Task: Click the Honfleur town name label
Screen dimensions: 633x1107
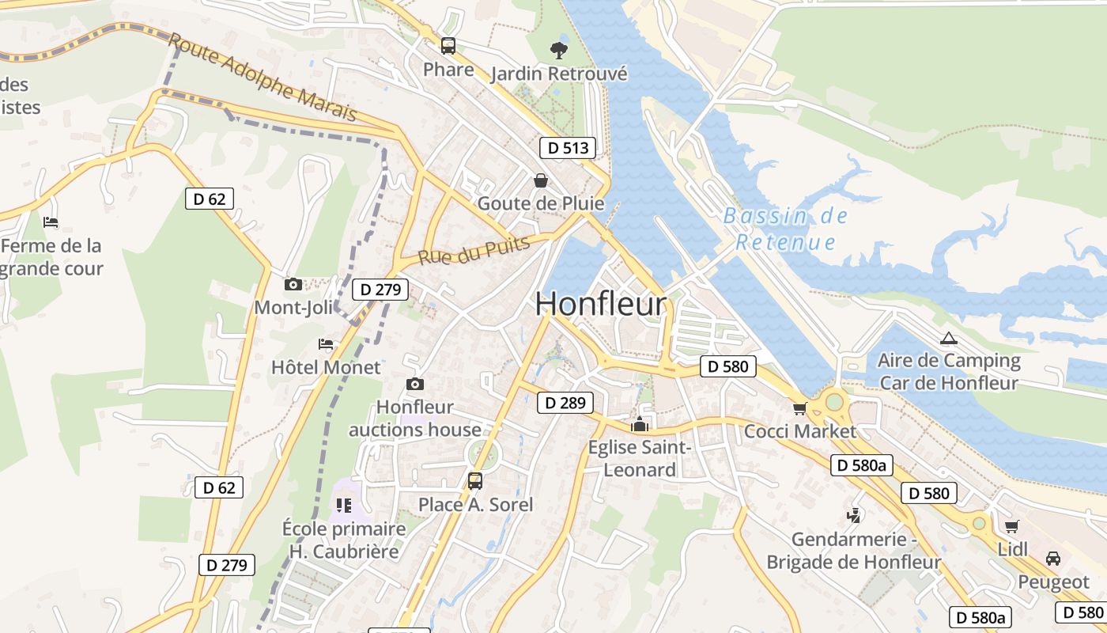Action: tap(601, 305)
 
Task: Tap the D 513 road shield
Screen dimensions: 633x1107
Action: tap(567, 147)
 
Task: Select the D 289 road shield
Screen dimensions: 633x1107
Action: tap(565, 403)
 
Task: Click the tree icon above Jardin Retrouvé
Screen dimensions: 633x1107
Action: tap(558, 51)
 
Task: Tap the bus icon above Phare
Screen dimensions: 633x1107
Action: tap(448, 46)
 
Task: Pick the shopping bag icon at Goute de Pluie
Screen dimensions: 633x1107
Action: tap(541, 181)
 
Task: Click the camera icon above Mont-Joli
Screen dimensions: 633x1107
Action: tap(293, 284)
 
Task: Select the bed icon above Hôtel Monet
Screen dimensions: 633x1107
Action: tap(325, 344)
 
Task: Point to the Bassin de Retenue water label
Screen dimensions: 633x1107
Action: tap(785, 229)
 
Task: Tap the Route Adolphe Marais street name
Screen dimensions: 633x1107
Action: tap(263, 78)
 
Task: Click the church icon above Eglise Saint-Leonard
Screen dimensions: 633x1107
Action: tap(639, 424)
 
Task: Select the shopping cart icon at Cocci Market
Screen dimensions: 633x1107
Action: tap(799, 408)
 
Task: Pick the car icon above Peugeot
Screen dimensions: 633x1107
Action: tap(1052, 559)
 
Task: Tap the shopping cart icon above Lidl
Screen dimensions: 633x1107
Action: tap(1011, 526)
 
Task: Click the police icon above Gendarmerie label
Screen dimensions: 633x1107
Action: tap(853, 516)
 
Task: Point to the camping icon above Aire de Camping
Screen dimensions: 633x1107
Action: tap(948, 339)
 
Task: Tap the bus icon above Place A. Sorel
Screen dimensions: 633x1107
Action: tap(474, 480)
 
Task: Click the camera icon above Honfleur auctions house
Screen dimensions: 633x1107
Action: tap(414, 385)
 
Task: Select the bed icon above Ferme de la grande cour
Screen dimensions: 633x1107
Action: tap(51, 222)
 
